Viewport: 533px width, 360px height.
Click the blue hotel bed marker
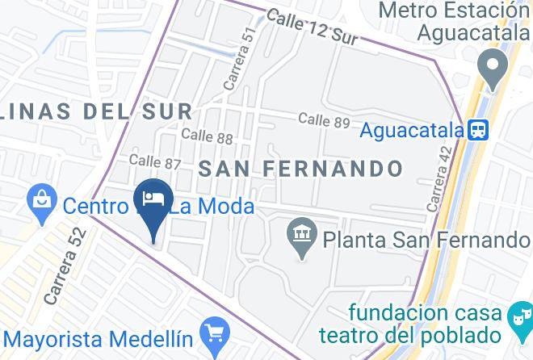click(x=153, y=199)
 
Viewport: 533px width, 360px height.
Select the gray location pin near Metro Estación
click(x=490, y=66)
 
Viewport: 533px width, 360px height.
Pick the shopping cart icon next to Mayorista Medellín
click(x=216, y=332)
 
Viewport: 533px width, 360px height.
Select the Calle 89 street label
click(x=324, y=120)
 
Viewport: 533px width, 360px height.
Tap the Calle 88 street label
click(x=208, y=136)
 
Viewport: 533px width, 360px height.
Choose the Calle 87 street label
click(x=155, y=162)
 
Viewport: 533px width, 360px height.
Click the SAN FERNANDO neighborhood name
click(x=300, y=170)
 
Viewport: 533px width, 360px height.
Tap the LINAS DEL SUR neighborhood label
click(x=97, y=111)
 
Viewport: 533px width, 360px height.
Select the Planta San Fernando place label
click(x=426, y=240)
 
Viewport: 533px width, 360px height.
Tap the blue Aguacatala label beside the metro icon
click(x=410, y=130)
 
